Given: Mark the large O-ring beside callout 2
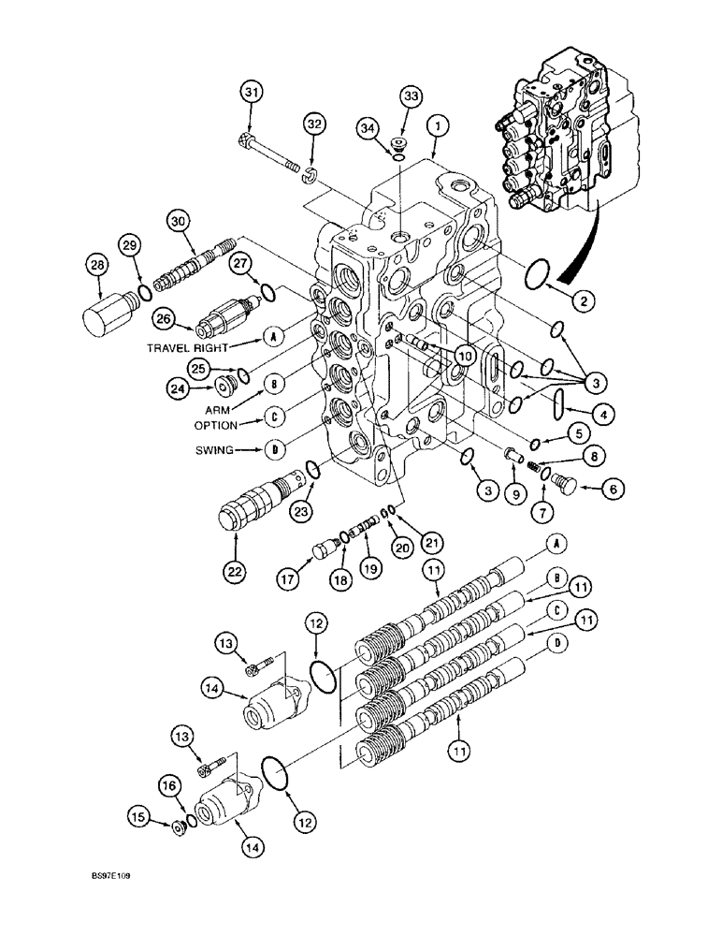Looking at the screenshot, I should click(534, 277).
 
